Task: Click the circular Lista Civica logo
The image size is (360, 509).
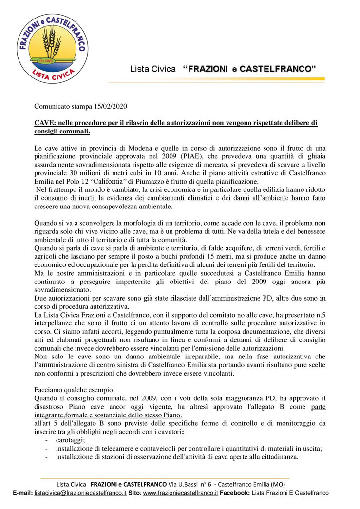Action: tap(52, 47)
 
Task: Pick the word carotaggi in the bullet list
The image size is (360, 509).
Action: tap(70, 439)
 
